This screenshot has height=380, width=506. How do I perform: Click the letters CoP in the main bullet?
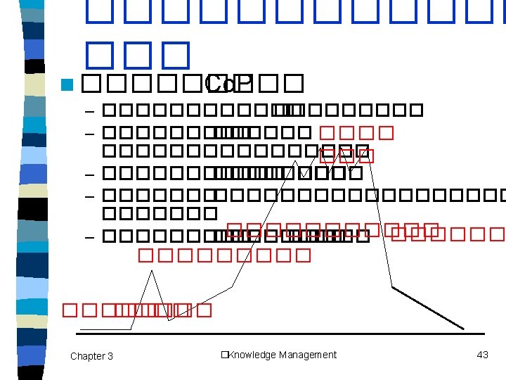(x=224, y=84)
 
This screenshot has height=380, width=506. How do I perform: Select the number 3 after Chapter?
(x=110, y=356)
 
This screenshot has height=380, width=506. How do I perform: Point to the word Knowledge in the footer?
(x=253, y=355)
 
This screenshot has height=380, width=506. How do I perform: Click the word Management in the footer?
(x=308, y=355)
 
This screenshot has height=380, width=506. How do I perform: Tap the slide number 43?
(x=482, y=355)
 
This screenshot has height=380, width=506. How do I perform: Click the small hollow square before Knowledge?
(x=223, y=355)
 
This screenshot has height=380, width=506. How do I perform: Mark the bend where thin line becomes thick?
(x=392, y=287)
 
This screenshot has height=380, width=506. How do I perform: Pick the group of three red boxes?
(x=345, y=156)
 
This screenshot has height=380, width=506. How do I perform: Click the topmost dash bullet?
(x=89, y=111)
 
